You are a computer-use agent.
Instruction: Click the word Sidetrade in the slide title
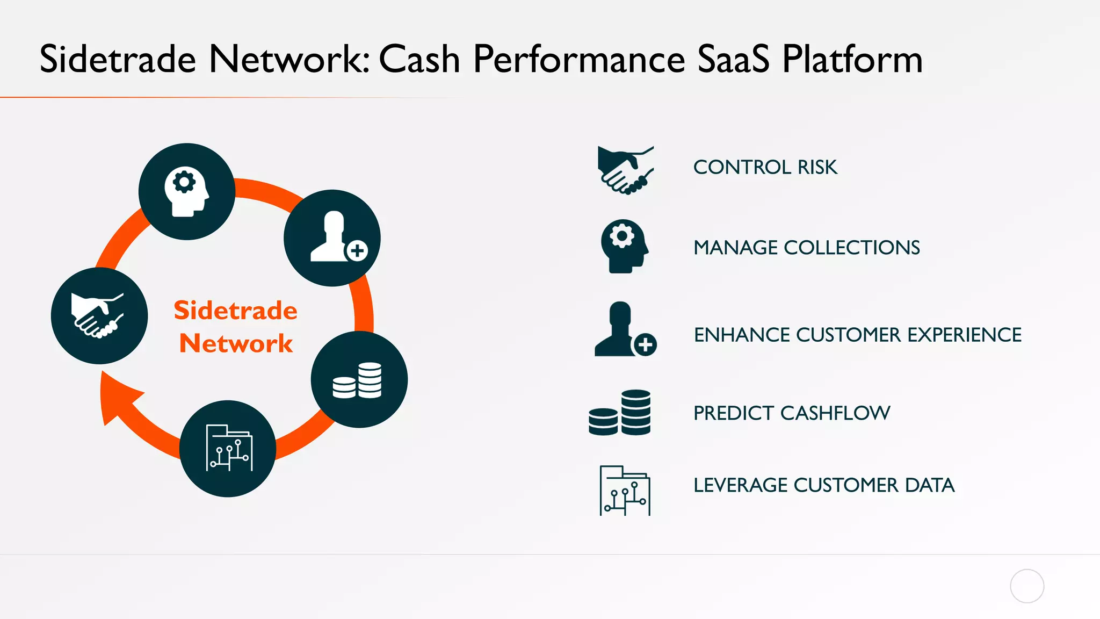pos(118,59)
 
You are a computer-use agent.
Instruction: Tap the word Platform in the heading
pos(852,59)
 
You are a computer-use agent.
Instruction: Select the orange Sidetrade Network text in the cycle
pos(235,327)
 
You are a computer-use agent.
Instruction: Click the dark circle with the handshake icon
pos(99,316)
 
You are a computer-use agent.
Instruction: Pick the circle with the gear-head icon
pos(187,191)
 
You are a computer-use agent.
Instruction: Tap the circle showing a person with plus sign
pos(332,237)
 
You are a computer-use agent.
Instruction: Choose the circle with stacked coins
pos(359,379)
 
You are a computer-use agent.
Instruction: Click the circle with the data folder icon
pos(228,448)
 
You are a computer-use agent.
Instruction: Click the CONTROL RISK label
pos(765,167)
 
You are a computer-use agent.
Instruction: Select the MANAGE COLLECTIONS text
pos(806,248)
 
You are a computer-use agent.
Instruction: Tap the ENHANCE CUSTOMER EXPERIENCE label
pos(857,335)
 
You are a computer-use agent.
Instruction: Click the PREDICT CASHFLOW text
pos(791,413)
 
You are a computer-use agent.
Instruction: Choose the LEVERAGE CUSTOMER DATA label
pos(823,485)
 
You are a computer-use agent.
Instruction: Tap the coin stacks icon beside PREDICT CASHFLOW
pos(620,413)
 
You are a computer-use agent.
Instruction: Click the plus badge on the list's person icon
pos(645,344)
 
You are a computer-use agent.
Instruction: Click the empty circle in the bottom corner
pos(1026,586)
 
